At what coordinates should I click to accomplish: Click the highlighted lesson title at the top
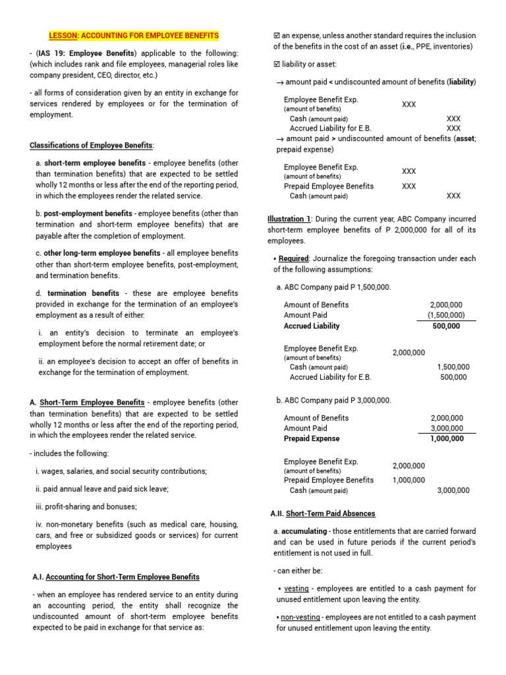(134, 36)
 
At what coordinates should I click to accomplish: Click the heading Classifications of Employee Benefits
(92, 145)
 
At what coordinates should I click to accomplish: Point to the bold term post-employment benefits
(88, 214)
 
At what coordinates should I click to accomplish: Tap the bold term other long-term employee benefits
(102, 253)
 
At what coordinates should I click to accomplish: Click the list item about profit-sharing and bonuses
(86, 506)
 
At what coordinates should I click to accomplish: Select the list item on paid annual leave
(102, 489)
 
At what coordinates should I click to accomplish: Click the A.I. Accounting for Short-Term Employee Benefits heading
(116, 577)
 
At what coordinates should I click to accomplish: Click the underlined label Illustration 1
(289, 219)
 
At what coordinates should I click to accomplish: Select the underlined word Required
(293, 258)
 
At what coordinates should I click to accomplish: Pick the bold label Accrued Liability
(312, 326)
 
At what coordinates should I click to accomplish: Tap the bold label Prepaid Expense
(312, 438)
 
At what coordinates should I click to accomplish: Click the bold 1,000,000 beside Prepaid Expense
(447, 438)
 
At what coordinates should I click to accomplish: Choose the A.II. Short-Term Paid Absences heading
(323, 514)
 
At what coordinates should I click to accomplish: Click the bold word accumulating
(304, 531)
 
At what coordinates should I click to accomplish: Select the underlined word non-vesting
(300, 617)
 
